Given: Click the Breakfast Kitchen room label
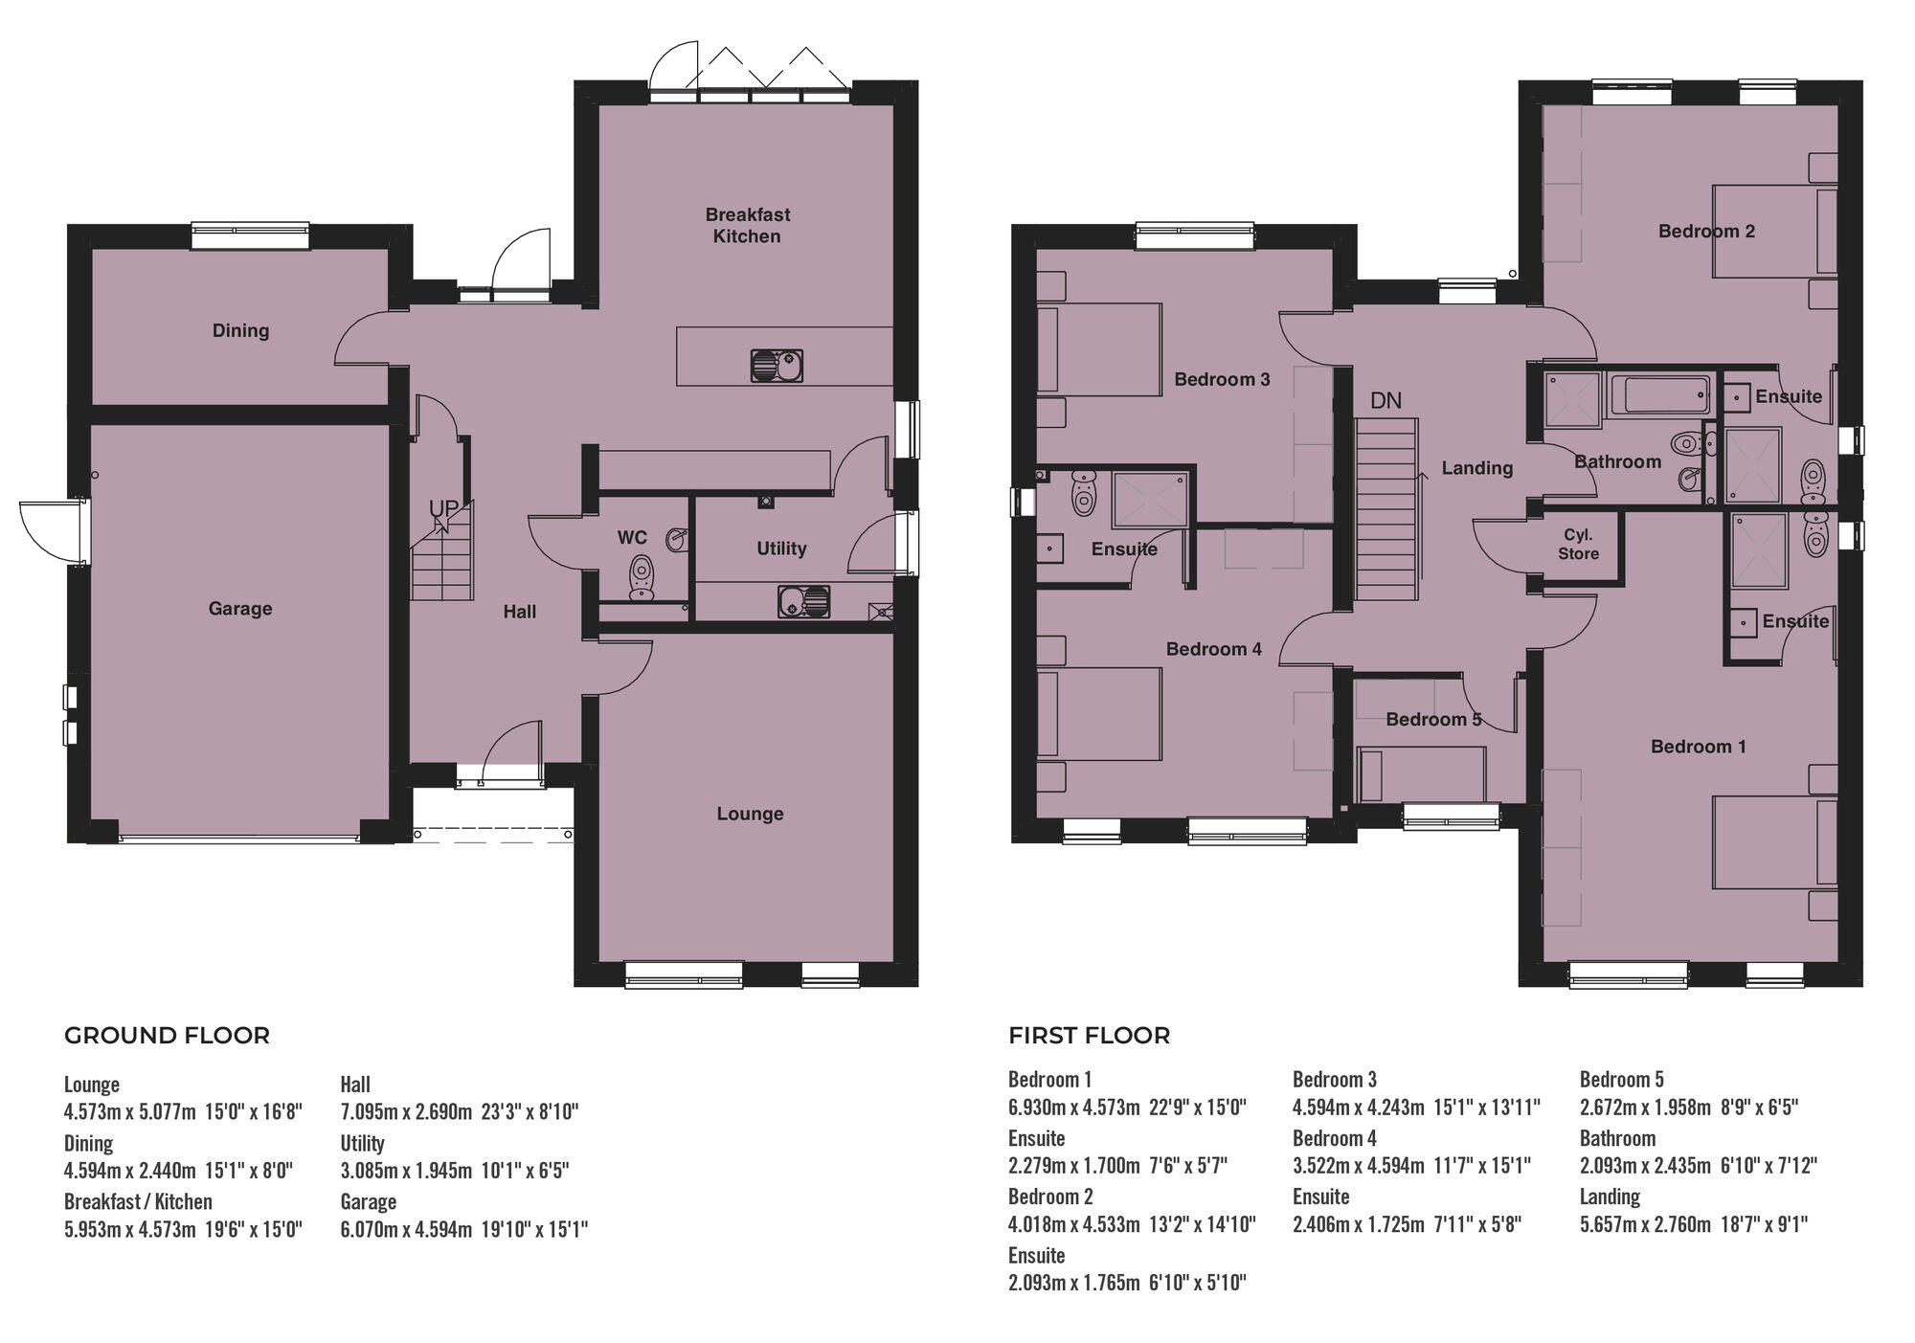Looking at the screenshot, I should coord(747,225).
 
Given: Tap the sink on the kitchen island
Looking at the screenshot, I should coord(776,366).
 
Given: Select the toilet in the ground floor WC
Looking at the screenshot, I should coord(642,577).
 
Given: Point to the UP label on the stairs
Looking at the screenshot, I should coord(442,508).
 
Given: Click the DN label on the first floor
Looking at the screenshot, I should coord(1386,400).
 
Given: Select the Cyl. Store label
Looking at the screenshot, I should coord(1578,544).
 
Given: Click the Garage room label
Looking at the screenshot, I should coord(240,609).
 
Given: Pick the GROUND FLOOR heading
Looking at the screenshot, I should coord(167,1036).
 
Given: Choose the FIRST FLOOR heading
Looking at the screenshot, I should coord(1089,1036).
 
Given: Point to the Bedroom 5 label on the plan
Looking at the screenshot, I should coord(1433,719).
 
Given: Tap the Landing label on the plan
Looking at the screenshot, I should coord(1477,468).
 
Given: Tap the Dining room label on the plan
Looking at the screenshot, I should coord(240,330).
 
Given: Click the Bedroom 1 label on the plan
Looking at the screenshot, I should coord(1698,747).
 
